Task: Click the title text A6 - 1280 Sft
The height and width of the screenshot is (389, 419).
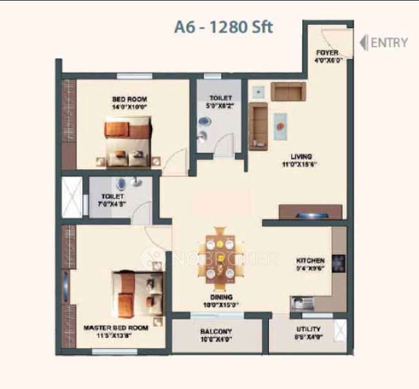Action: [224, 27]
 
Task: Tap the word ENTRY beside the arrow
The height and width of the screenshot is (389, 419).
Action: [389, 43]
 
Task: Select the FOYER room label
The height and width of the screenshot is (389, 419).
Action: [327, 53]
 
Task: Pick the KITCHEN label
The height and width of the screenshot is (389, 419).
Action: [310, 260]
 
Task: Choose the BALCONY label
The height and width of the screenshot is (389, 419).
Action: [216, 331]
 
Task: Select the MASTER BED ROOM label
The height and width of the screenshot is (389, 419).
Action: [116, 328]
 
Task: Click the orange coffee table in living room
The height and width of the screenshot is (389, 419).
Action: [282, 126]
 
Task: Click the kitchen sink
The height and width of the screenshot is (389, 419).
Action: [300, 301]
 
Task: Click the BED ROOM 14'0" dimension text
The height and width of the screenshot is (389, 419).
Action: [129, 107]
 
